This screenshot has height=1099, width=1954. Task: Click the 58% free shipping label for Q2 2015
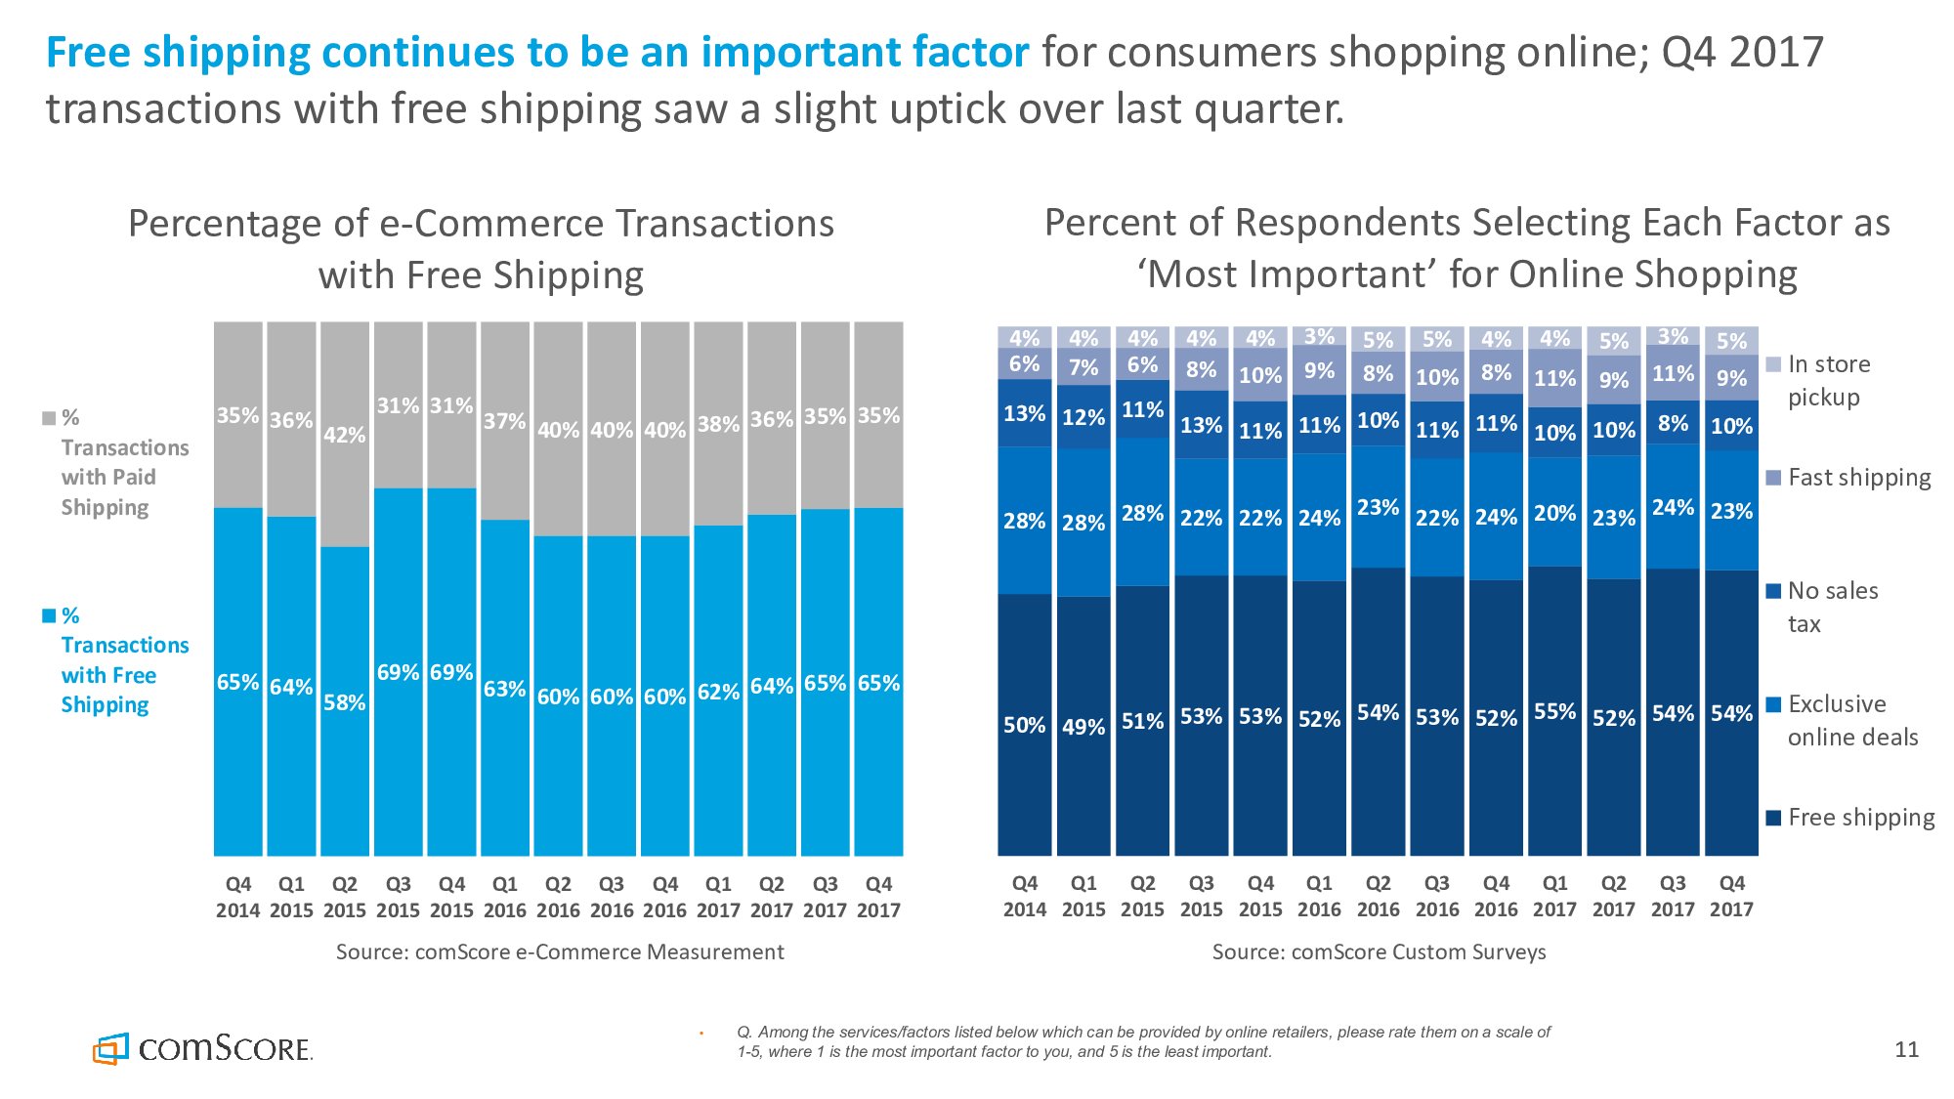tap(344, 702)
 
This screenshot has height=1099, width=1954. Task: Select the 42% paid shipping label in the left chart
tap(344, 435)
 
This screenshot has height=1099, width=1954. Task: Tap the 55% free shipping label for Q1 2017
tap(1554, 711)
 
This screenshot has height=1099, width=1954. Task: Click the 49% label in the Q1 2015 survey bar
tap(1083, 727)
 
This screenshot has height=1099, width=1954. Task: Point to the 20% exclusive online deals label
tap(1554, 513)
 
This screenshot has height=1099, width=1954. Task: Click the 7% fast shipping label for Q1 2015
tap(1083, 367)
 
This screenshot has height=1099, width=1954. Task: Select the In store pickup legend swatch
tap(1774, 364)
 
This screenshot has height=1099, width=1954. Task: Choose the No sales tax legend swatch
tap(1774, 591)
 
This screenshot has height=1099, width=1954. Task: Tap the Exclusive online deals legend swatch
tap(1774, 704)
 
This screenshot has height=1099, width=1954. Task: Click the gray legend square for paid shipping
tap(49, 418)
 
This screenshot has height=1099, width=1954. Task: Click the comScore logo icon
tap(110, 1048)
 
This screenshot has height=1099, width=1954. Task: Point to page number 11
tap(1906, 1050)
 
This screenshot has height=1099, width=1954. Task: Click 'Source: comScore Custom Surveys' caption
tap(1379, 951)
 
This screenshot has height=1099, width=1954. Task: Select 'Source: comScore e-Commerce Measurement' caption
tap(560, 951)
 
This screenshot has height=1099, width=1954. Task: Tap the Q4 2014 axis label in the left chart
tap(237, 897)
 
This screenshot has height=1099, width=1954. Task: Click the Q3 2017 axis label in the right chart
tap(1672, 896)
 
